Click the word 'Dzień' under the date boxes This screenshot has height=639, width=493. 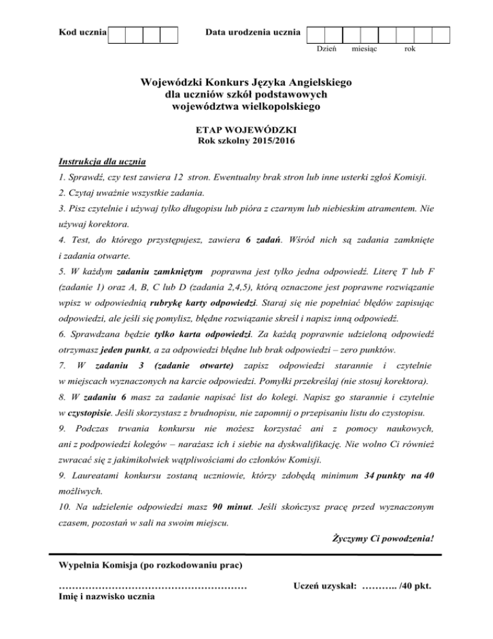[327, 49]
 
